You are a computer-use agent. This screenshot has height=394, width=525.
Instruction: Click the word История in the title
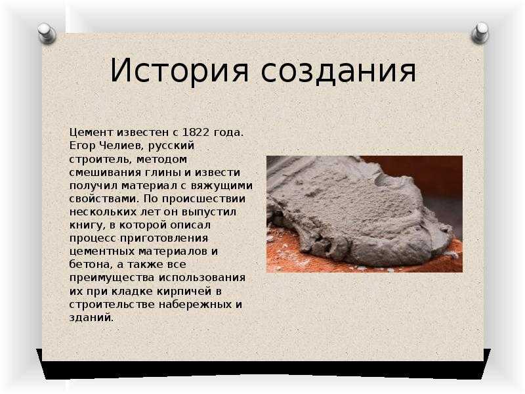tap(179, 71)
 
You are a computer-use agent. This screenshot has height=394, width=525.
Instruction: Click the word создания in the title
tap(338, 71)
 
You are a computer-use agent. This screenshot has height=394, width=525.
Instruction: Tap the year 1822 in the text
tap(196, 133)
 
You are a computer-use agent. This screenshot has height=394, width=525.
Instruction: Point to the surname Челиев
tap(122, 146)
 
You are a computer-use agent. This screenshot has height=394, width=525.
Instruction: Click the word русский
tap(171, 146)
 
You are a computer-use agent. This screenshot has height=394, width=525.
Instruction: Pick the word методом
tap(161, 159)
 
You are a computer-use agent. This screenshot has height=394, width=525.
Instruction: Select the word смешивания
tap(106, 173)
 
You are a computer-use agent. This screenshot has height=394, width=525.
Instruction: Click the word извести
tap(218, 173)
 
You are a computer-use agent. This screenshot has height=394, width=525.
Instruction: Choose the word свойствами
tap(104, 199)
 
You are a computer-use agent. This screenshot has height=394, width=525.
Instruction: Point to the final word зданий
tap(91, 318)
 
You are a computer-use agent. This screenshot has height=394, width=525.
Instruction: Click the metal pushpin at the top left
tap(47, 33)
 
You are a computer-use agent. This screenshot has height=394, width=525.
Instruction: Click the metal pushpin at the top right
tap(480, 32)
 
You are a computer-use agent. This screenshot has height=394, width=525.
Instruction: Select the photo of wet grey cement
tap(364, 214)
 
